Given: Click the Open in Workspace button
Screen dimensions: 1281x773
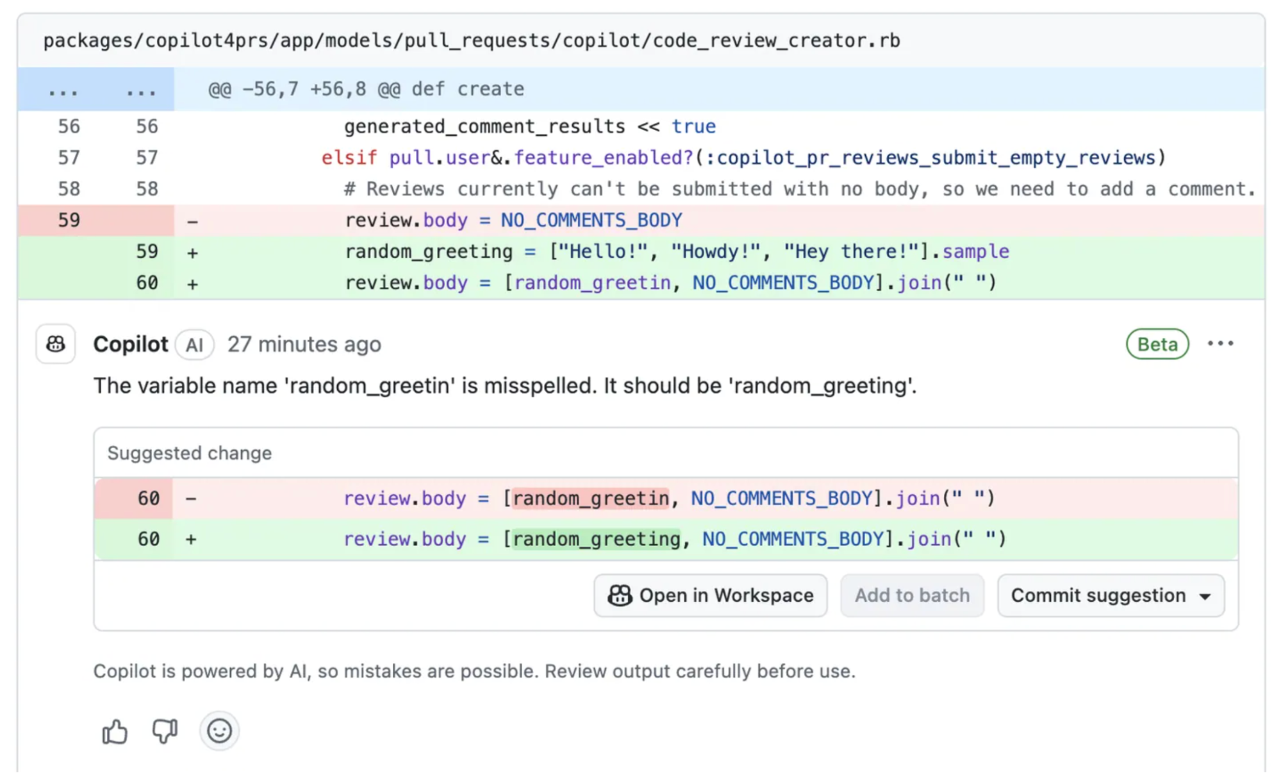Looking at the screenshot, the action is [710, 595].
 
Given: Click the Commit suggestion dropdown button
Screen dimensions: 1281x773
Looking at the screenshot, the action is [1111, 595].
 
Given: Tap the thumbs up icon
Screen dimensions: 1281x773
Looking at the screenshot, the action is [115, 731].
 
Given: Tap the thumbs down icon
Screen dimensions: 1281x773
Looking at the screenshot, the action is [165, 731].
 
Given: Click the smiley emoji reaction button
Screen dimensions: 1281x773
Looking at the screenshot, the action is [219, 731].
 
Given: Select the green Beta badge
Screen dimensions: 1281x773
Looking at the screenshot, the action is [1157, 344].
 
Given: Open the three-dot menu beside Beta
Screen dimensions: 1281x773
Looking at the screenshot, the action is [1220, 344].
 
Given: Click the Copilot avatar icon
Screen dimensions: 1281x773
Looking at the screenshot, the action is [56, 344].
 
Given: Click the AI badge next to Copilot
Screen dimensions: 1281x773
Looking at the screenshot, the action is [194, 345].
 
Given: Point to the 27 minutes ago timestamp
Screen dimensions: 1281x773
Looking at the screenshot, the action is [304, 344].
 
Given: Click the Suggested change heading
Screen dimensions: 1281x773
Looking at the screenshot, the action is [190, 453].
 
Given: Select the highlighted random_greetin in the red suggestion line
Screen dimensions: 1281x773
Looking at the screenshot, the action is [590, 498].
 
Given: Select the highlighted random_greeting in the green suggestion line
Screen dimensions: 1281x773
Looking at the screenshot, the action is [596, 539].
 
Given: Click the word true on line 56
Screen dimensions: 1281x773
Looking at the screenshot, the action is [693, 126].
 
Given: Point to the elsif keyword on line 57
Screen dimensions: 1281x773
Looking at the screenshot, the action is [349, 158].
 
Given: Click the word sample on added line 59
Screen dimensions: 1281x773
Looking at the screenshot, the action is [976, 251].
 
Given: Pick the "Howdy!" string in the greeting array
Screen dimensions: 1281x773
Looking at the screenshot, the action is [716, 251].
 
